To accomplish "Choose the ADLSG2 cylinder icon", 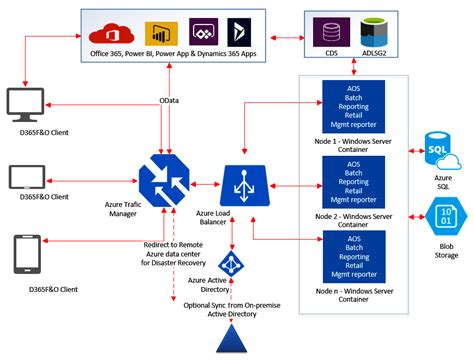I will tap(372, 31).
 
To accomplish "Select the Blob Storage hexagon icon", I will tap(441, 216).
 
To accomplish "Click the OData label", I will tap(170, 100).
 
